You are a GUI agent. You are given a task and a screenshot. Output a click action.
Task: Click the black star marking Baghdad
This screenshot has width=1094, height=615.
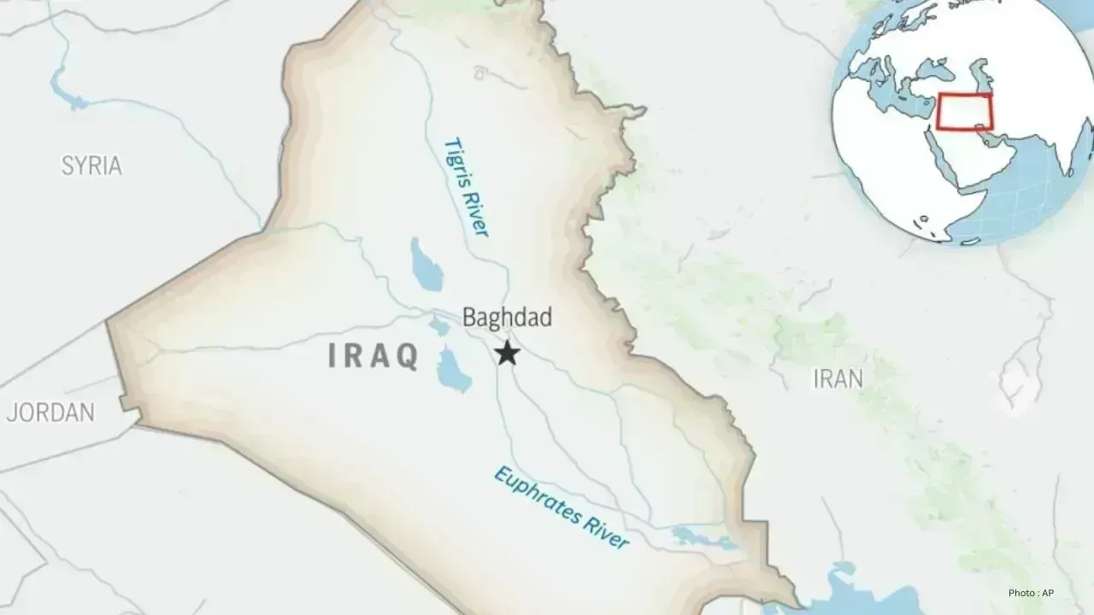pos(508,353)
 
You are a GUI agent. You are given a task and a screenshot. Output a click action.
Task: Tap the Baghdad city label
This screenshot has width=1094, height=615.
pos(507,318)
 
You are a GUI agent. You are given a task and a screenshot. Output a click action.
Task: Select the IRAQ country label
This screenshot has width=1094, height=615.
pos(373,356)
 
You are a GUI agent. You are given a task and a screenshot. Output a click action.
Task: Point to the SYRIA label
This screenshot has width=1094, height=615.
pos(91,166)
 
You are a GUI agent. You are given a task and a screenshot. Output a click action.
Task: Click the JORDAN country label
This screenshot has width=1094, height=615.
pos(50,413)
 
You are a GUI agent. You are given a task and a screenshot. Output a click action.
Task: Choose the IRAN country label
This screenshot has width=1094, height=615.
pos(838,378)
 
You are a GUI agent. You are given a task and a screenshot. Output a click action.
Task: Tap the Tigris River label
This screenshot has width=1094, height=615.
pos(467,187)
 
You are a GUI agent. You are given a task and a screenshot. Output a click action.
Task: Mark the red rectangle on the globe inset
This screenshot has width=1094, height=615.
pos(964,112)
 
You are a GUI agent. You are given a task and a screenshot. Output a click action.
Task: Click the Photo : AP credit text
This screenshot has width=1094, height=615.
pos(1036,593)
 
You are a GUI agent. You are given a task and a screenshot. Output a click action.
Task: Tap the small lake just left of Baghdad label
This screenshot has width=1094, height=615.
pos(439,325)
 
